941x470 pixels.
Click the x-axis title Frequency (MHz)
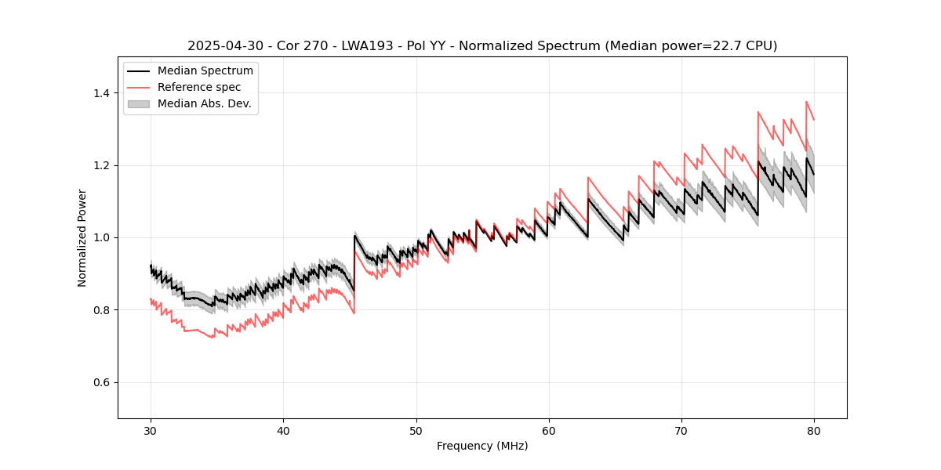coord(482,446)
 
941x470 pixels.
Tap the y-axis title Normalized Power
coord(82,237)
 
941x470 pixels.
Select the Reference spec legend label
coord(199,87)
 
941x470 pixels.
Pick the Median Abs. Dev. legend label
coord(205,103)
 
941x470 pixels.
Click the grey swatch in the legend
coord(139,103)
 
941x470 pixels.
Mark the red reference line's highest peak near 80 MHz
coord(806,102)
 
